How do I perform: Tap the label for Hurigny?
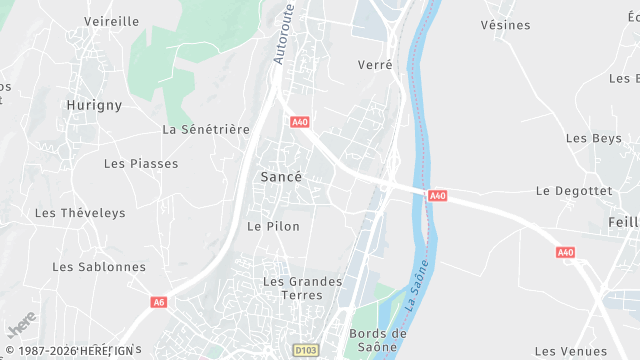[93, 104]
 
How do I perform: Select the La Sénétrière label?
[205, 129]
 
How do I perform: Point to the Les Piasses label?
[141, 163]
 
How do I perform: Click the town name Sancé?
[280, 176]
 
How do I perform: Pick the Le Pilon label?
[273, 226]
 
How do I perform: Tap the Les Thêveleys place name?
[80, 212]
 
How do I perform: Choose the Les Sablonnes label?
[99, 267]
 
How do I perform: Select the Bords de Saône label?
[378, 340]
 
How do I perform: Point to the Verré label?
[375, 65]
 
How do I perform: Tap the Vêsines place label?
[505, 24]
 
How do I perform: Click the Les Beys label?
[593, 138]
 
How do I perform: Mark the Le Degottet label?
[573, 190]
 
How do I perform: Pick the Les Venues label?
[570, 351]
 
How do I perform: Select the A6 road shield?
[158, 302]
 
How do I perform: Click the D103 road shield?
[305, 350]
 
